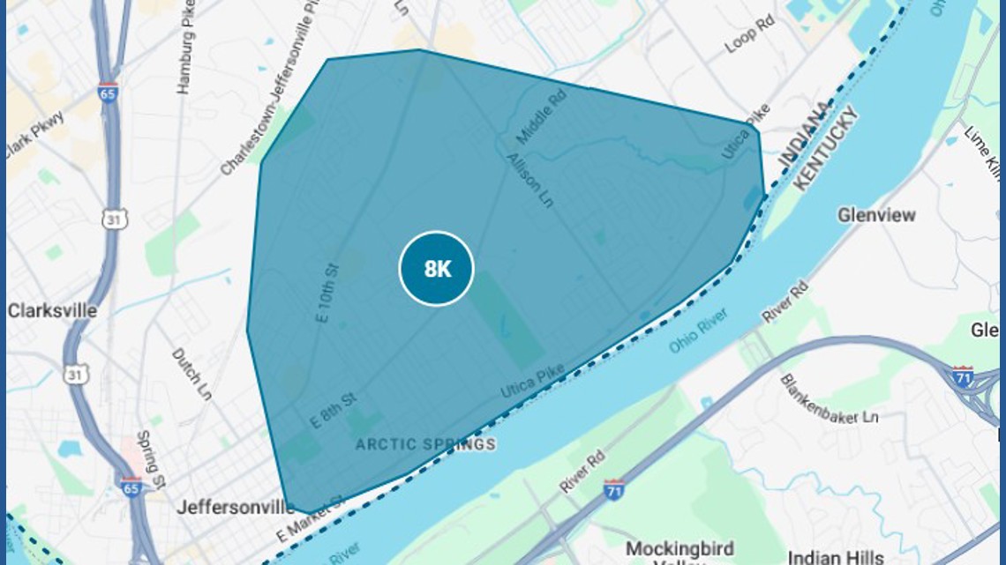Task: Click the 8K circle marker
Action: [x=437, y=269]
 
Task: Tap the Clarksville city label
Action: [x=52, y=311]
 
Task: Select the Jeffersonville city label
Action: [x=236, y=508]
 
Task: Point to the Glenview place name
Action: [x=876, y=214]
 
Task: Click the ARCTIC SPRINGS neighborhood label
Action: [x=425, y=444]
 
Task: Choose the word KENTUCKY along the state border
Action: [x=826, y=147]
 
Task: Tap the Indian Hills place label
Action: [x=836, y=557]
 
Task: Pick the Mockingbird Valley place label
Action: [x=679, y=550]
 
